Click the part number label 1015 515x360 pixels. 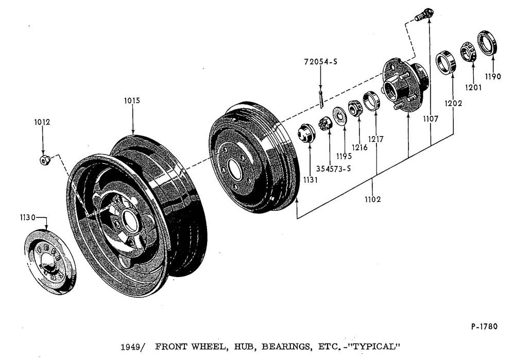coord(132,100)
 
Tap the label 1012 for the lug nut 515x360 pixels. coord(42,123)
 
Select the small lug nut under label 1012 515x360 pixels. coord(44,160)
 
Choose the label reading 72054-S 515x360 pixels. coord(321,62)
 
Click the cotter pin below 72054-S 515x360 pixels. coord(321,99)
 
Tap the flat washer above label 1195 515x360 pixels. coord(340,113)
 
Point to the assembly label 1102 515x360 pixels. coord(371,199)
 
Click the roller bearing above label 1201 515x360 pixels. coord(469,52)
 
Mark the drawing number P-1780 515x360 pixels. coord(484,326)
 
